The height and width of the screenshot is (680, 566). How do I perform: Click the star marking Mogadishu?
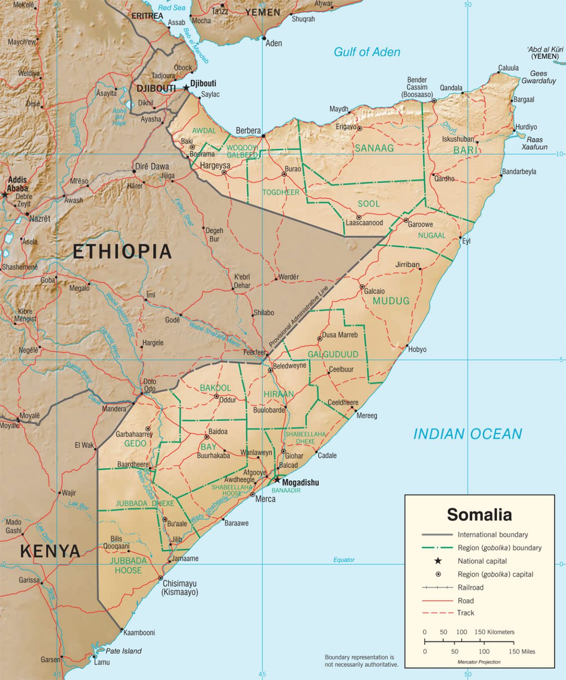coord(277,481)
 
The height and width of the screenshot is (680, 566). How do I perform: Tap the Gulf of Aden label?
coord(366,52)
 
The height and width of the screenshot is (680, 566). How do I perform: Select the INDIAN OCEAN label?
coord(467,434)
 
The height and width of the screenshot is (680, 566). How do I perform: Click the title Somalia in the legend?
coord(479,514)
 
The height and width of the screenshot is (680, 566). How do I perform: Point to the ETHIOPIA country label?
coord(122,251)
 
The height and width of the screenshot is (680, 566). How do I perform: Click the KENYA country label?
coord(50,551)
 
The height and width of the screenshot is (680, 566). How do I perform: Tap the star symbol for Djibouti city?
coord(186,87)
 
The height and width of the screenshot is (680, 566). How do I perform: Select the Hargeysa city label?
coord(215,165)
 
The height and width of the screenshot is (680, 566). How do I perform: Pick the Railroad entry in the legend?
coord(470,587)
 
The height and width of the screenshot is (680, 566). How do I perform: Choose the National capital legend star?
coord(438,561)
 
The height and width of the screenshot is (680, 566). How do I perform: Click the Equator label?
coord(344,560)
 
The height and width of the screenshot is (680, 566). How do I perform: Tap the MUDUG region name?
coord(391,301)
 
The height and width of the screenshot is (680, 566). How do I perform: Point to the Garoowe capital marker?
coord(406,220)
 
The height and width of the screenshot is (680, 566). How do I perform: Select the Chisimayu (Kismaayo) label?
coord(180,588)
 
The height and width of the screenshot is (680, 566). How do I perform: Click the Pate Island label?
coord(124,651)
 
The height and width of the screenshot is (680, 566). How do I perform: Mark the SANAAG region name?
coord(374,148)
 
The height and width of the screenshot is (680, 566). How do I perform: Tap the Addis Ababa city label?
coord(17,184)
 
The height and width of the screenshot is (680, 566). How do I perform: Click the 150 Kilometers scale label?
coord(494,632)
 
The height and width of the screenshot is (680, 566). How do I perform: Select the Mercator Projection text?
coord(479,662)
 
